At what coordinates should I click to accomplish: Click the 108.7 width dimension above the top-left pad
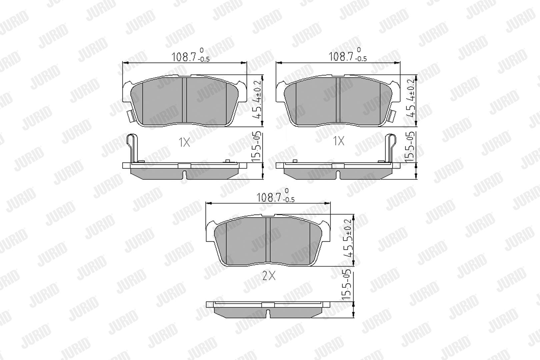click(190, 55)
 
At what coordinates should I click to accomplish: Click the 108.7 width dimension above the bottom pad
click(275, 195)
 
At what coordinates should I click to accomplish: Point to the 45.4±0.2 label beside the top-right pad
click(411, 98)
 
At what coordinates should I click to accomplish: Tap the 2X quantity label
click(269, 275)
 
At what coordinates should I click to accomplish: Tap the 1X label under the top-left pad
click(184, 143)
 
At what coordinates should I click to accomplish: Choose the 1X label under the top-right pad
click(338, 141)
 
